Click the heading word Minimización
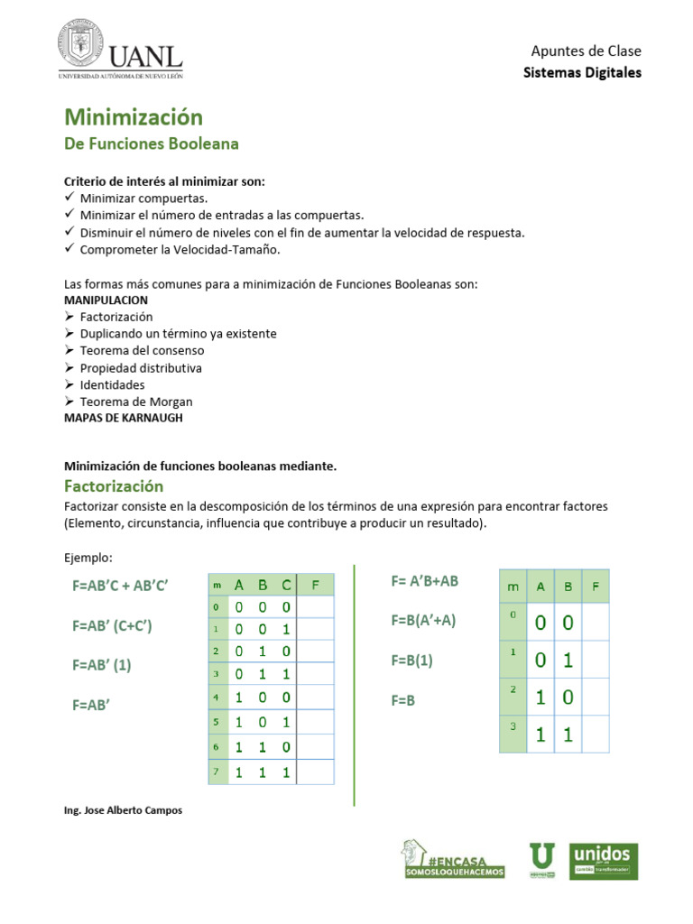[x=133, y=117]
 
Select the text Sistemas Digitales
[x=582, y=72]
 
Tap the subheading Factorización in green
[x=113, y=486]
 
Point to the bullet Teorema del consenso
[x=142, y=350]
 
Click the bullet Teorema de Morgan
[x=136, y=402]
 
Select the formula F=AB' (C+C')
[x=113, y=625]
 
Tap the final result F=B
[x=403, y=699]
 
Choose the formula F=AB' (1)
[x=102, y=665]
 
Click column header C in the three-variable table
[x=286, y=585]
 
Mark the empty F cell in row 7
[x=316, y=772]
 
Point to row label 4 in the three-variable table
[x=217, y=698]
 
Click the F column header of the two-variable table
[x=596, y=587]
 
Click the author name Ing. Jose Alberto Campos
[x=123, y=810]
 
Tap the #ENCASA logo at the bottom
[x=453, y=860]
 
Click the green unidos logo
[x=605, y=861]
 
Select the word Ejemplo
[x=88, y=558]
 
